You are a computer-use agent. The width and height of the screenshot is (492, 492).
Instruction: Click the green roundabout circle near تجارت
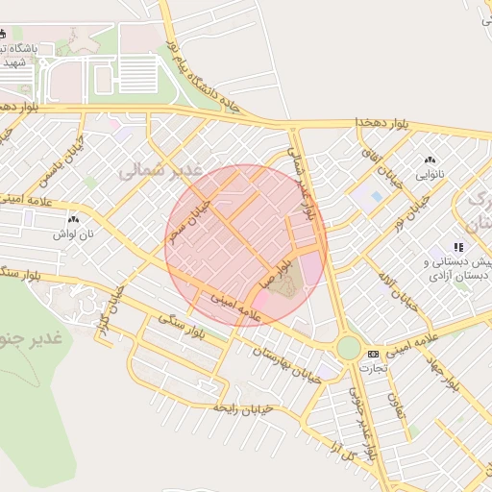tap(348, 348)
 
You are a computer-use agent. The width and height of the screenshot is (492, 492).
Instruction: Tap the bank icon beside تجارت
tap(374, 355)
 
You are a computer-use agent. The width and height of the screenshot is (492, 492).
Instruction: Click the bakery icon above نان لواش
tap(74, 221)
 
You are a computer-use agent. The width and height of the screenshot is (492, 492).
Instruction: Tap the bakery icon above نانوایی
tap(430, 160)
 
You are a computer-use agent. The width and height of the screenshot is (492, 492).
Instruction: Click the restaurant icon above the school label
tap(458, 247)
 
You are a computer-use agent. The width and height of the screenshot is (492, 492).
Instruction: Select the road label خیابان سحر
tap(184, 220)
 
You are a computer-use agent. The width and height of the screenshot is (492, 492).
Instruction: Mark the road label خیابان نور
tap(413, 217)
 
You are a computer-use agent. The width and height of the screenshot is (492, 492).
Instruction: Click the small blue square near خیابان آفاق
tap(376, 196)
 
